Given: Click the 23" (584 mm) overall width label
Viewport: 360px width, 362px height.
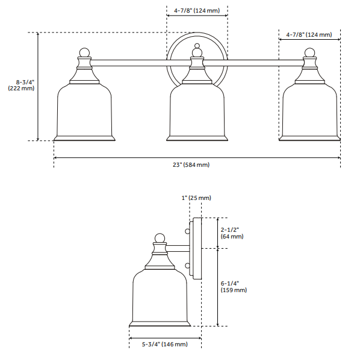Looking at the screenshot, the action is pyautogui.click(x=191, y=165).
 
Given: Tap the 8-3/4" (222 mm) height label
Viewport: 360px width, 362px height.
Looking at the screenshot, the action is pyautogui.click(x=21, y=85).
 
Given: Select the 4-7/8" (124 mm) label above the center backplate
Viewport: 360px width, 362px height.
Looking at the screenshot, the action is pyautogui.click(x=197, y=11).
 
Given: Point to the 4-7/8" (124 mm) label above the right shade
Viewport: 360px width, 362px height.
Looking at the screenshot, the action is pyautogui.click(x=309, y=34).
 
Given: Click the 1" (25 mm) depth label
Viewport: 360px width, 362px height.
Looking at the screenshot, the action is pyautogui.click(x=196, y=198).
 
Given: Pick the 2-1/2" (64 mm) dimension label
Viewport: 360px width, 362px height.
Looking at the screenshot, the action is pyautogui.click(x=232, y=233).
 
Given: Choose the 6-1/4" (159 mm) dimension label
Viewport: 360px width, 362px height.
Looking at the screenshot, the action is pyautogui.click(x=234, y=287).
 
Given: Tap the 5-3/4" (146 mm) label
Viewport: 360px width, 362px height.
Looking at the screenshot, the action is pyautogui.click(x=164, y=344).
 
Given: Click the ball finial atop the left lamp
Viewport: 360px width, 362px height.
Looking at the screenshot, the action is pyautogui.click(x=84, y=53).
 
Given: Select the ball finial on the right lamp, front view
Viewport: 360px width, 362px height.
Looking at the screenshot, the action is pyautogui.click(x=309, y=53).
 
